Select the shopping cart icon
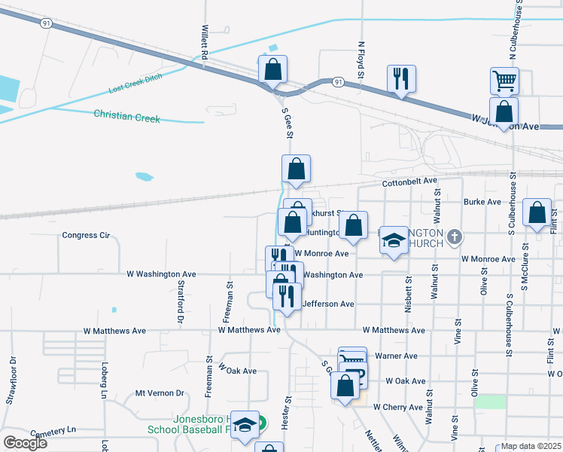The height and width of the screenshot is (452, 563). pyautogui.click(x=504, y=79)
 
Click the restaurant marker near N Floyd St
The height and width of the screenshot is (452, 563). pyautogui.click(x=401, y=78)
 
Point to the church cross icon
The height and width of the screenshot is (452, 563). pyautogui.click(x=453, y=238)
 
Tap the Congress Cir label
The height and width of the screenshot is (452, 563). pyautogui.click(x=86, y=235)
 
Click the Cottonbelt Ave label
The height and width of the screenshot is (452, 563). pyautogui.click(x=409, y=182)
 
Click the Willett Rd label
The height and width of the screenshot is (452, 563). pyautogui.click(x=204, y=42)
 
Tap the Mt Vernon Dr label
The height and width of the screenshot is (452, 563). pyautogui.click(x=160, y=393)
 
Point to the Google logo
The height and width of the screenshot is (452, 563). pyautogui.click(x=25, y=442)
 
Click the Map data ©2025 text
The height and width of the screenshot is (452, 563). pyautogui.click(x=531, y=446)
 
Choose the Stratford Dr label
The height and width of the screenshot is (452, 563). pyautogui.click(x=181, y=303)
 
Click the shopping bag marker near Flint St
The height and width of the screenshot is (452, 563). pyautogui.click(x=537, y=213)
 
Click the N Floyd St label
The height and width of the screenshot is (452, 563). pyautogui.click(x=361, y=61)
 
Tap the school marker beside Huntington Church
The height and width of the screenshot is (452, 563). pyautogui.click(x=392, y=240)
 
